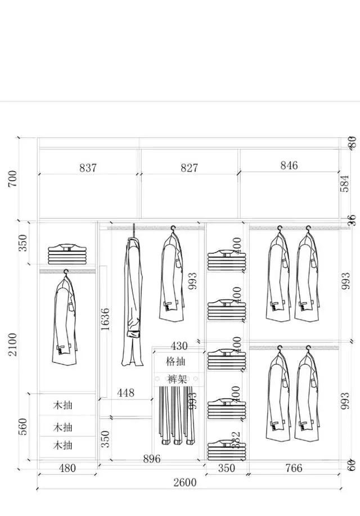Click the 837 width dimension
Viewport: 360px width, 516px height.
coord(88,168)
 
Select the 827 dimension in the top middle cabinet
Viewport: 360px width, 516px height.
coord(189,168)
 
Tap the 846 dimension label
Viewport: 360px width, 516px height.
coord(289,165)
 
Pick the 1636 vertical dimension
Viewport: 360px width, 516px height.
coord(105,318)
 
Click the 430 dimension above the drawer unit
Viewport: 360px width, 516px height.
coord(179,346)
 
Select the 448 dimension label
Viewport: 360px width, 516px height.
coord(126,393)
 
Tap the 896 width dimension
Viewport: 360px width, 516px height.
coord(151,459)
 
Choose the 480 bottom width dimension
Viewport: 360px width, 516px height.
coord(67,468)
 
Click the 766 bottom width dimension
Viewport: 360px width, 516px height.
coord(294,468)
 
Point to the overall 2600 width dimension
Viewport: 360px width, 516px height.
coord(184,482)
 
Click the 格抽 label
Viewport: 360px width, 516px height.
coord(175,361)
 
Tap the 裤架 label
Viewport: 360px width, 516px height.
coord(177,379)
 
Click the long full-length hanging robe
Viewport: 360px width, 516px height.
coord(133,298)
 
